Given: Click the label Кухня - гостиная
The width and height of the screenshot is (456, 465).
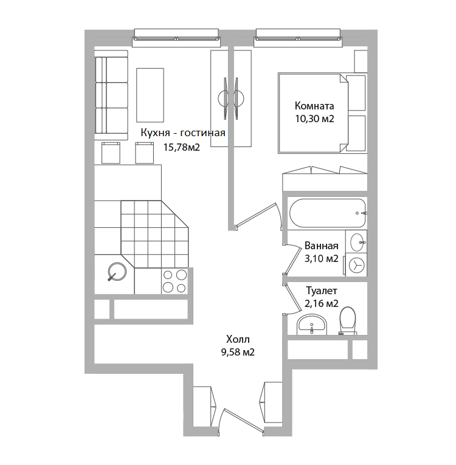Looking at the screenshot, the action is tap(183, 133).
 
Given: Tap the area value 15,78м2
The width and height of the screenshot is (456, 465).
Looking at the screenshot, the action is tap(182, 147).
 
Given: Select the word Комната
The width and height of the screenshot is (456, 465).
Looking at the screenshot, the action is tap(314, 106).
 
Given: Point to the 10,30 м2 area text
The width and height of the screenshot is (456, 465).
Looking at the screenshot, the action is tap(314, 119).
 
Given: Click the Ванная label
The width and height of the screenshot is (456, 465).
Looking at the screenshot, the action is tap(321, 246).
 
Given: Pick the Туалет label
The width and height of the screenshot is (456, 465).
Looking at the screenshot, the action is tap(321, 291).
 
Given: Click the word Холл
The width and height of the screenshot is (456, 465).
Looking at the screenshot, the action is tap(238, 339).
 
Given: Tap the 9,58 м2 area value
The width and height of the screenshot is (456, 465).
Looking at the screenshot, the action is tap(238, 352).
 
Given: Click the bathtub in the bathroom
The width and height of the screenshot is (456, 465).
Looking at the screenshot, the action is tap(328, 213).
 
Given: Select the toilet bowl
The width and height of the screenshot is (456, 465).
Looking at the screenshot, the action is tap(348, 321).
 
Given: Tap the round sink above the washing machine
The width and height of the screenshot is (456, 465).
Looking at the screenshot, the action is tap(358, 242).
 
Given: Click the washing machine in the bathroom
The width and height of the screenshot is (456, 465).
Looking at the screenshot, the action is tap(356, 265).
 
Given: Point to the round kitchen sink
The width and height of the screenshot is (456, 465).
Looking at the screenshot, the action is tap(117, 272).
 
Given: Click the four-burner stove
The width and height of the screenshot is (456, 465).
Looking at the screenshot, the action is tap(174, 281).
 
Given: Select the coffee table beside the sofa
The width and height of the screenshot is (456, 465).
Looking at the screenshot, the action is tap(150, 95).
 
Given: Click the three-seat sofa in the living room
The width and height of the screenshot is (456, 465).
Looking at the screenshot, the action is tap(111, 95).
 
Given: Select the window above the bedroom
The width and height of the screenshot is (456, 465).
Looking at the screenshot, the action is tap(298, 38).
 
